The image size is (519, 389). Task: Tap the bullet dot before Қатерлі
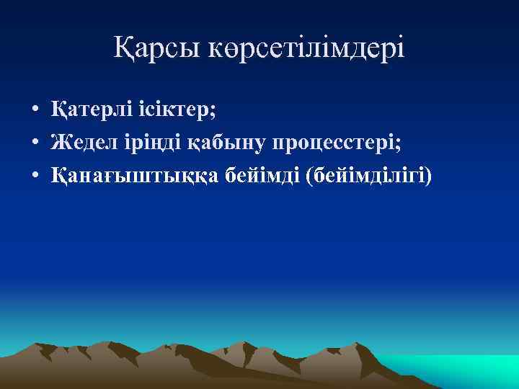point(35,112)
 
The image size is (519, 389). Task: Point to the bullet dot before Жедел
point(35,143)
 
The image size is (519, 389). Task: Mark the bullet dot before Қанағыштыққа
point(35,175)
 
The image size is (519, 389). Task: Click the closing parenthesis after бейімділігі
point(430,175)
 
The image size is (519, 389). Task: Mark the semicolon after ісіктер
point(214,112)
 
